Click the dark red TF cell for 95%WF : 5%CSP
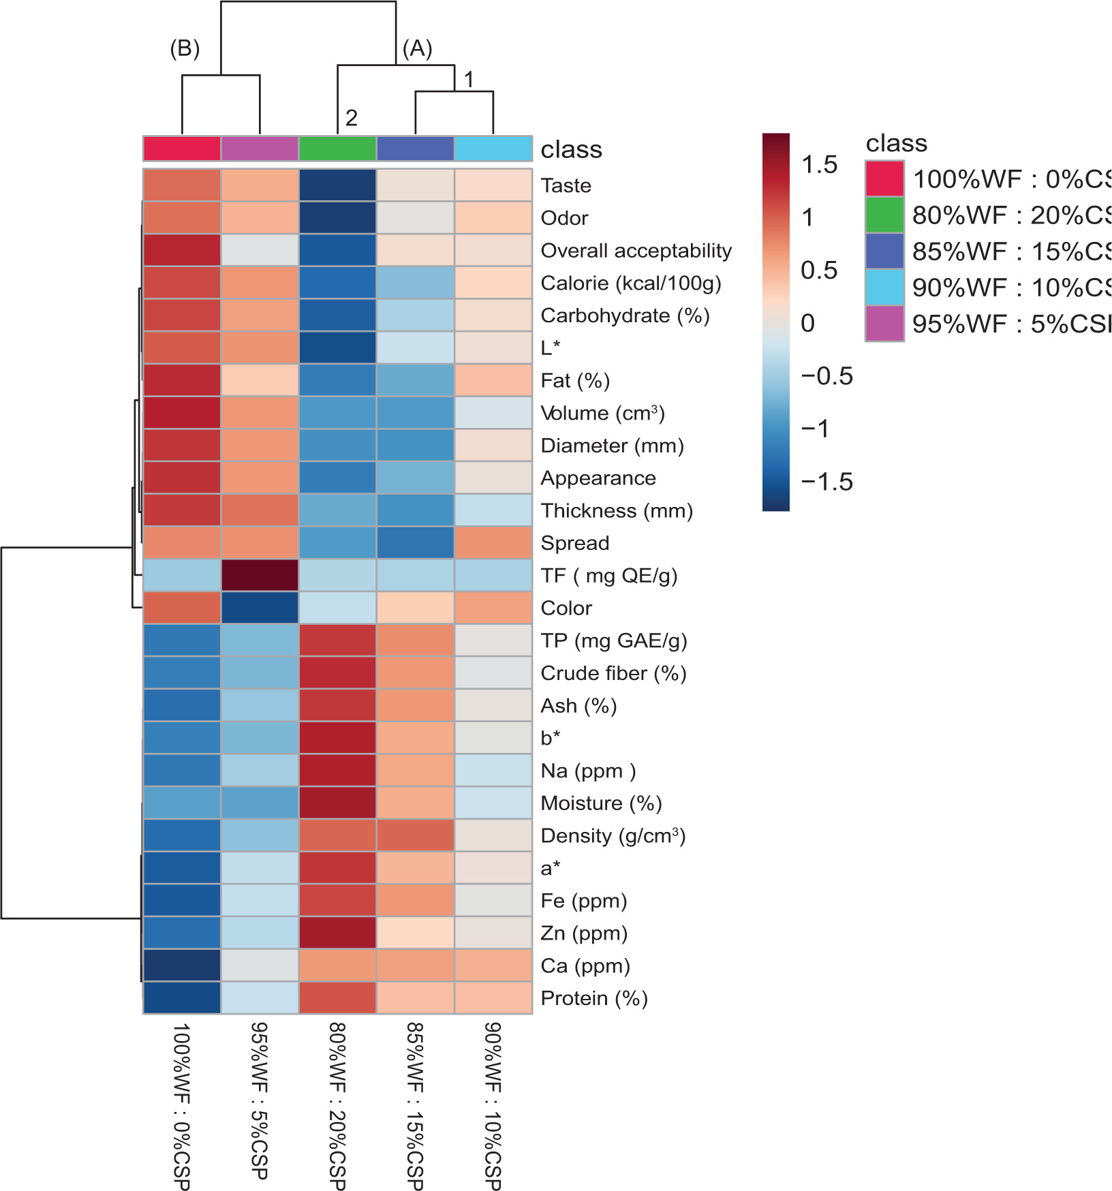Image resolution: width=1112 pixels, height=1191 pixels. click(260, 575)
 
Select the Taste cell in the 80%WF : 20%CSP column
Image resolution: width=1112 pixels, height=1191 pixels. click(337, 185)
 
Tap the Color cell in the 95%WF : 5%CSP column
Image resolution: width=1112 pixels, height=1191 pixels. click(260, 608)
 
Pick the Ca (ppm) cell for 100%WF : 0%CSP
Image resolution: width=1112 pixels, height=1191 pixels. click(182, 965)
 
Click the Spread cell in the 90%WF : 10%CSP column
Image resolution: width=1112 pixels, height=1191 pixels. click(493, 542)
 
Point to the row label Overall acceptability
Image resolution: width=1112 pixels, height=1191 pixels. click(636, 251)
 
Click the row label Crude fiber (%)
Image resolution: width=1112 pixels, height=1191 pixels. click(613, 673)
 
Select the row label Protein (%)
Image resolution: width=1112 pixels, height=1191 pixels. click(593, 998)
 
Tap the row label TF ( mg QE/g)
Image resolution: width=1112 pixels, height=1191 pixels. click(608, 576)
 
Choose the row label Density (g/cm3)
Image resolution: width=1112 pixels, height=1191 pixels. click(613, 835)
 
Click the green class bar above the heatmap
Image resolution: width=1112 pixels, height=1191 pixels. click(337, 149)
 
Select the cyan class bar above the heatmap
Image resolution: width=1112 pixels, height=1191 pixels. click(493, 149)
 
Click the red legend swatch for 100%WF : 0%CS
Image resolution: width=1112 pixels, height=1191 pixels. click(884, 179)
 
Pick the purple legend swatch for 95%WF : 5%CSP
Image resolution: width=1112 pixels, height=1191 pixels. click(884, 323)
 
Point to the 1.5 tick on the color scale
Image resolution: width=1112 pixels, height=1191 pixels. click(819, 164)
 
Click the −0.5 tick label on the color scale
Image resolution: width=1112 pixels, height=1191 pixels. click(827, 376)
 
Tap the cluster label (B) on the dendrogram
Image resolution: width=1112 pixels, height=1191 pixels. click(185, 48)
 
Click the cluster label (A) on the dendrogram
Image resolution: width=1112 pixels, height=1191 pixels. click(417, 48)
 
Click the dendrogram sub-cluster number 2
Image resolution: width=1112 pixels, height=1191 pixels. click(351, 118)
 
